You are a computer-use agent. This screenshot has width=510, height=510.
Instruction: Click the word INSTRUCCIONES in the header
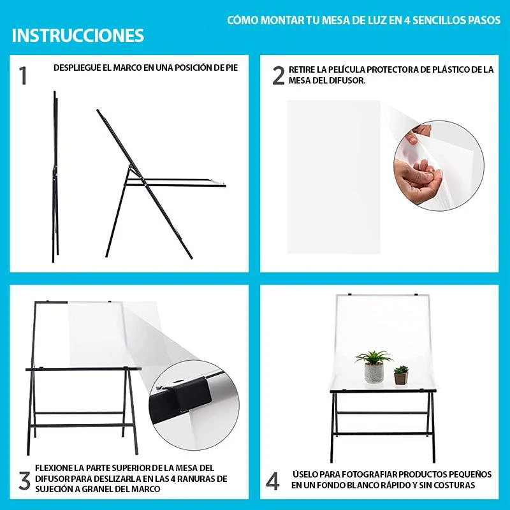tap(78, 36)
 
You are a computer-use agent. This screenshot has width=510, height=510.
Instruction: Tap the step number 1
tap(22, 76)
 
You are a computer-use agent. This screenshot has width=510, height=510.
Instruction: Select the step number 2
tap(279, 76)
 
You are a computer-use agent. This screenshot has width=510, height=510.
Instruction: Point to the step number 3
tap(25, 481)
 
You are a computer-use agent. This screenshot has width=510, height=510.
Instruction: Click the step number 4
tap(273, 481)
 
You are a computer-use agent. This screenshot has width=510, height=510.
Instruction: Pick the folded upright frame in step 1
tap(55, 177)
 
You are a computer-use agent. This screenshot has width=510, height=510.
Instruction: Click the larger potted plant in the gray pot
tap(374, 367)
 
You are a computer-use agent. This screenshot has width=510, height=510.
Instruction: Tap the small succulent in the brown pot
tap(401, 375)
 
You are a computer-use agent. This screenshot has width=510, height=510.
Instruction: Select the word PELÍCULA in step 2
tap(347, 69)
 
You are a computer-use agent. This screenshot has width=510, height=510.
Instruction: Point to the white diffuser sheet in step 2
tap(333, 177)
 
